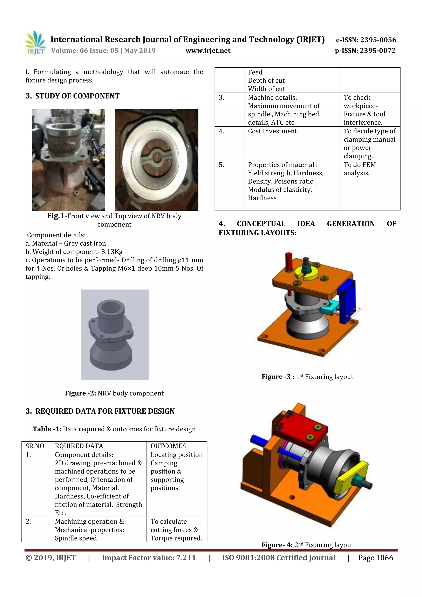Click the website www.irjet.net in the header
(x=208, y=51)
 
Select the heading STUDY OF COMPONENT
(x=77, y=96)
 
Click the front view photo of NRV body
(x=68, y=160)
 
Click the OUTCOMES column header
(x=168, y=446)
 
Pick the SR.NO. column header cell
(x=36, y=446)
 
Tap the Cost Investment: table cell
(x=273, y=131)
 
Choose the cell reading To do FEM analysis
(x=360, y=169)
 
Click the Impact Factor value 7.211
(x=186, y=558)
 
